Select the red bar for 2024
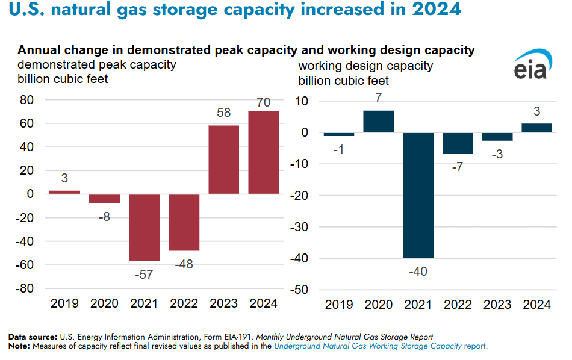[263, 152]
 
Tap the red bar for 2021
[145, 227]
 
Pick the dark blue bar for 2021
[418, 195]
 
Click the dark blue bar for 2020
[378, 121]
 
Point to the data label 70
[263, 103]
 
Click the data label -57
[145, 274]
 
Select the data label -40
[418, 272]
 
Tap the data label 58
[223, 113]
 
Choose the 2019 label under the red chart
[64, 303]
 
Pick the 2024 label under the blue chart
[536, 305]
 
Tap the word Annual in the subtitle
[38, 50]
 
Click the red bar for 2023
[223, 160]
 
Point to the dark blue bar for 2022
[458, 143]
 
